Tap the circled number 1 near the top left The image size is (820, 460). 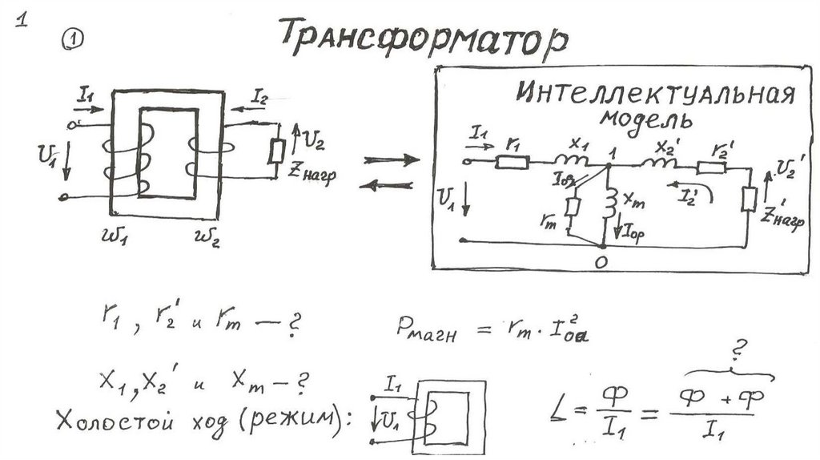click(x=73, y=40)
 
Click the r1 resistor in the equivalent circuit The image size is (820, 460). click(x=513, y=162)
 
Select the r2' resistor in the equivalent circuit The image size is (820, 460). click(x=710, y=167)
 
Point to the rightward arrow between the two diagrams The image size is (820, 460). click(x=392, y=159)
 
